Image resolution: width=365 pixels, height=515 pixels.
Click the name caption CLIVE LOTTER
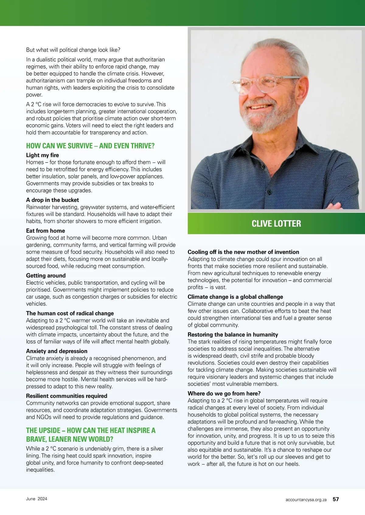[276, 224]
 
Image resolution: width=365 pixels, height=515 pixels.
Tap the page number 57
[335, 499]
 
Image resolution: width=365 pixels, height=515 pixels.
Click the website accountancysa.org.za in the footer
[306, 500]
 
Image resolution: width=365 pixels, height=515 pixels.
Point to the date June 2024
[36, 499]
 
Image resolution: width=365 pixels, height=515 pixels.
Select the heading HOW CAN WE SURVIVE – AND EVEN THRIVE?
[90, 146]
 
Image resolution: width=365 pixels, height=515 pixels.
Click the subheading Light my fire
[43, 155]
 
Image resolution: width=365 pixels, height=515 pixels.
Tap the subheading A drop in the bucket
[52, 200]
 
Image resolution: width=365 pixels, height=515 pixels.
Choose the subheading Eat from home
[45, 231]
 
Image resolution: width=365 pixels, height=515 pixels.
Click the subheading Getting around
[46, 276]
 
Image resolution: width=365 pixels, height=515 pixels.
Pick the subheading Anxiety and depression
[57, 351]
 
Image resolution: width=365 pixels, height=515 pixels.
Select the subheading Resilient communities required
[67, 396]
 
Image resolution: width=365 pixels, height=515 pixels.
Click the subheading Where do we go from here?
[224, 394]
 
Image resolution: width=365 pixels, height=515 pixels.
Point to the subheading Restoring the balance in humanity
[233, 335]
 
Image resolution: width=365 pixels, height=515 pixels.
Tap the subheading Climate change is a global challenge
[235, 297]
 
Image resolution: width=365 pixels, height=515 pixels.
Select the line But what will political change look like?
[73, 50]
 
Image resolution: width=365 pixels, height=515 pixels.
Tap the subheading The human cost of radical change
[70, 313]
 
